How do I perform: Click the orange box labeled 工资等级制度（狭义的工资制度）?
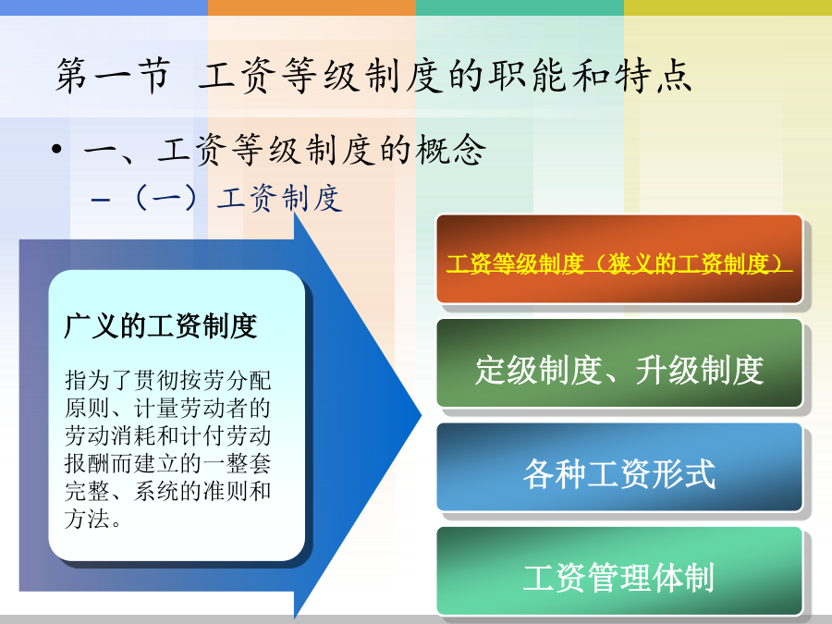click(x=619, y=259)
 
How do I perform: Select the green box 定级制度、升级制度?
click(x=619, y=363)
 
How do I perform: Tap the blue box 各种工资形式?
click(x=619, y=467)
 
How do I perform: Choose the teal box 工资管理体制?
click(x=619, y=571)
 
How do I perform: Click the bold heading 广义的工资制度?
click(x=161, y=325)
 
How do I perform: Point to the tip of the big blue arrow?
click(x=422, y=415)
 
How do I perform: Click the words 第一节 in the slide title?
click(x=114, y=76)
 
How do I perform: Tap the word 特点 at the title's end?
click(x=654, y=76)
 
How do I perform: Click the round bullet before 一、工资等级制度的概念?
click(x=56, y=149)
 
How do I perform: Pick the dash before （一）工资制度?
click(x=100, y=200)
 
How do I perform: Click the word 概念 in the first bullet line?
click(x=450, y=150)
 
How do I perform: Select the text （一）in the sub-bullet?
click(x=166, y=199)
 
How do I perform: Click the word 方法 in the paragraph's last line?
click(x=87, y=519)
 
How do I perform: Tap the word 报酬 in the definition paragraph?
click(x=87, y=463)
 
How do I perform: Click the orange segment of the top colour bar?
click(x=312, y=7)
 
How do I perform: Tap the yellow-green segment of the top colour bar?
click(x=728, y=7)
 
